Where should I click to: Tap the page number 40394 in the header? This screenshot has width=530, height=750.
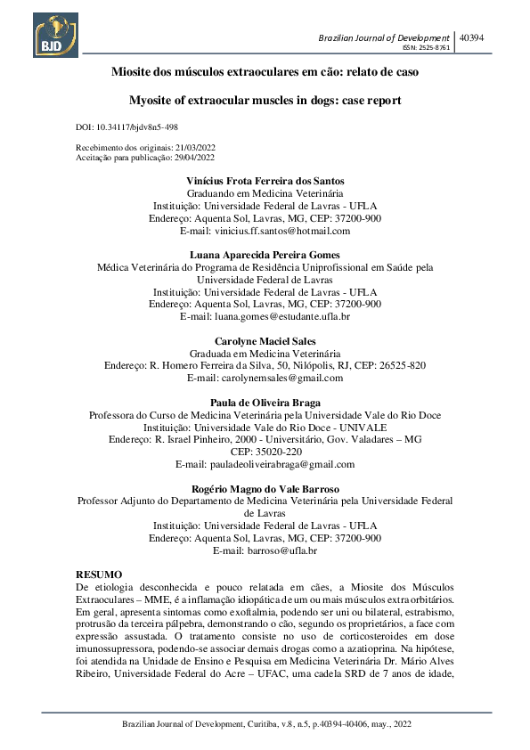tap(471, 38)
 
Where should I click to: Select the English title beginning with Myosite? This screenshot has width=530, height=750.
tap(265, 101)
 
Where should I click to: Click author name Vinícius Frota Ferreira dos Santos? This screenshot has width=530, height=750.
tap(265, 181)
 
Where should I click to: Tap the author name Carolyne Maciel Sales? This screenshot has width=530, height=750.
tap(265, 341)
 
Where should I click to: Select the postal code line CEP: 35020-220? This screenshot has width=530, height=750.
tap(265, 452)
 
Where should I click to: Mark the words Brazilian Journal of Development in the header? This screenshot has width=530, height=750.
tap(384, 38)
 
